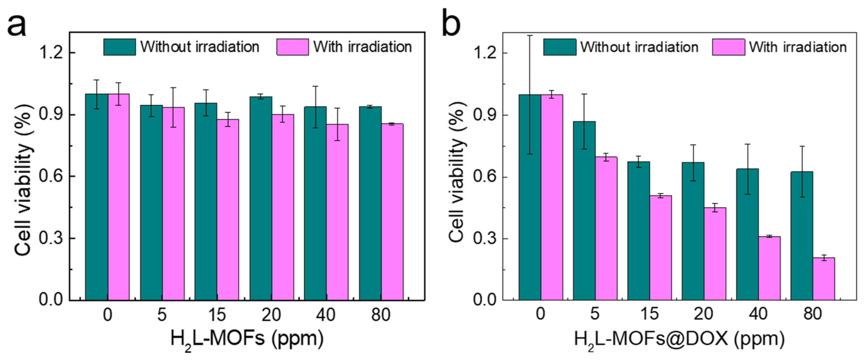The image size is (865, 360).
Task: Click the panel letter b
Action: point(451,23)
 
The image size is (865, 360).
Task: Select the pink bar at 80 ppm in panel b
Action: point(823,279)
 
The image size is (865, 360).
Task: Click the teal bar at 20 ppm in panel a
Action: point(261,198)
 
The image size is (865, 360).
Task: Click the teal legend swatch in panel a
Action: point(120,47)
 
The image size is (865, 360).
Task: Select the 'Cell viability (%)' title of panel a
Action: point(24,180)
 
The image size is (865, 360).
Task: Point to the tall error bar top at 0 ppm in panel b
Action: point(530,36)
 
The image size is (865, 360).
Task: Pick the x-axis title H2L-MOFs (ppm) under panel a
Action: point(247,339)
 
